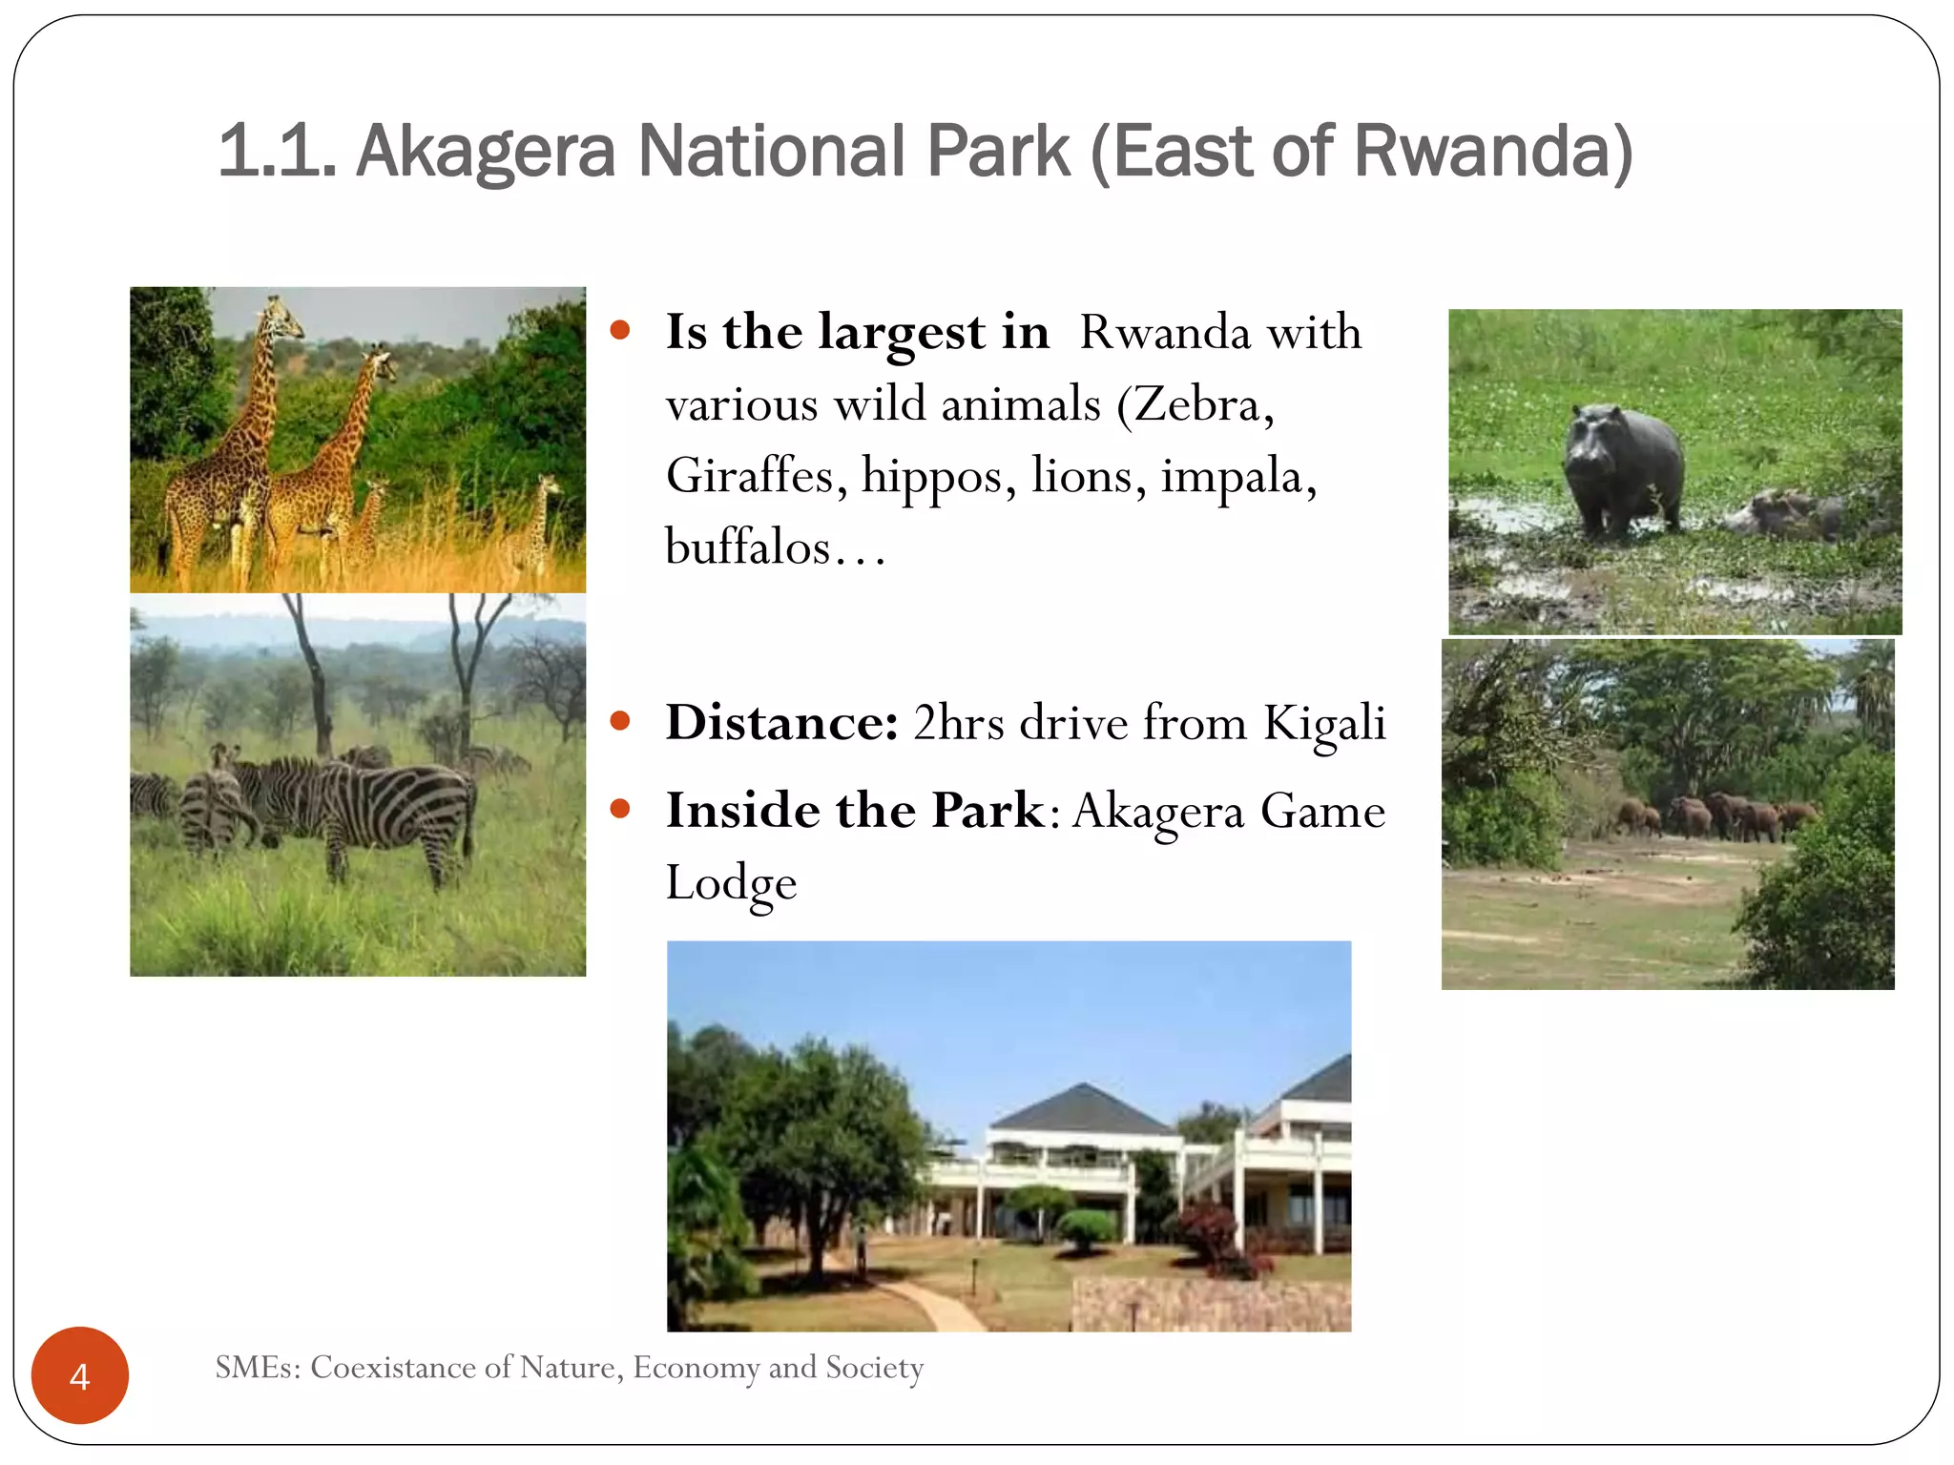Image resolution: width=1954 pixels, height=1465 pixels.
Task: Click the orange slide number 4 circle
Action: [x=80, y=1375]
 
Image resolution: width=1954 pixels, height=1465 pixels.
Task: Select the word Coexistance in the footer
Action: [x=394, y=1368]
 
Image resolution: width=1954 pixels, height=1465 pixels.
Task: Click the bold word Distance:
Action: [x=781, y=723]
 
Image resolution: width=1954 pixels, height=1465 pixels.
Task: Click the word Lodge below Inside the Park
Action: [x=731, y=883]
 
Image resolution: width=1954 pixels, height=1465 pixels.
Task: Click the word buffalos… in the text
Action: [x=775, y=547]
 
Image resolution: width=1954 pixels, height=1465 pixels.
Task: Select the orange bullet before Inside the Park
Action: [x=620, y=810]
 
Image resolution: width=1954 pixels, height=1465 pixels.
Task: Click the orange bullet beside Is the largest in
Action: [x=620, y=331]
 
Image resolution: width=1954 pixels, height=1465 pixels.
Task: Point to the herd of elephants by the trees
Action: [x=1717, y=815]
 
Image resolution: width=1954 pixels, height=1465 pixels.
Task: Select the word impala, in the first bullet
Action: [x=1237, y=475]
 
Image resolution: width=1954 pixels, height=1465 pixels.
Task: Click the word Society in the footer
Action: [x=874, y=1368]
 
